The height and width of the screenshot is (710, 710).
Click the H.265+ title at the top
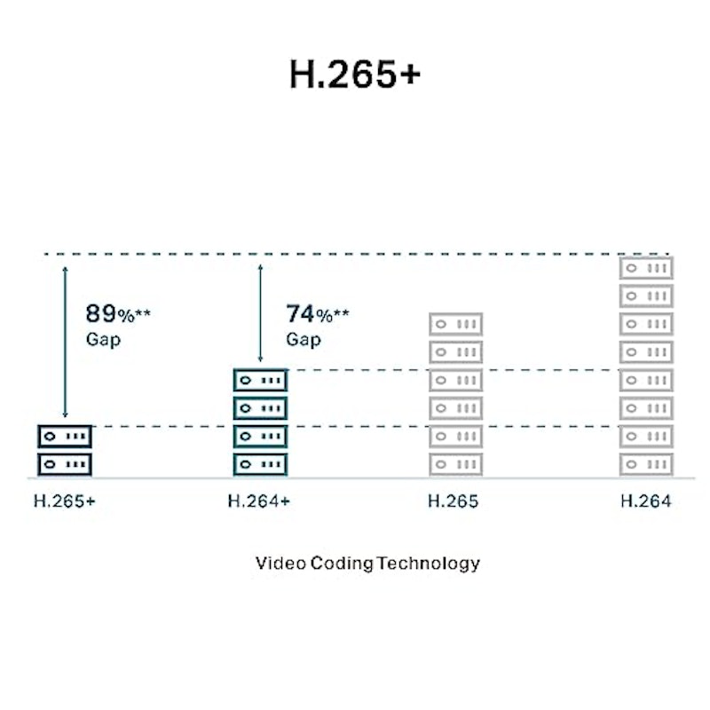click(355, 75)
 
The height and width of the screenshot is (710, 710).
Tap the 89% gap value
click(118, 313)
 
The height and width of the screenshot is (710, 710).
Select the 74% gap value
click(318, 314)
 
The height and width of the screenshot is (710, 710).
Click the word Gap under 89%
click(103, 339)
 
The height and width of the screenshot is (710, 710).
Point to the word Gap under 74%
click(304, 339)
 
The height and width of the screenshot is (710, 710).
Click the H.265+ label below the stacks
click(65, 501)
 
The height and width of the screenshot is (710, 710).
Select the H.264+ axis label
click(259, 501)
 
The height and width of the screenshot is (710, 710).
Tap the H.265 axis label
click(453, 501)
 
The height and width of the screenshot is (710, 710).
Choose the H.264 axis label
click(646, 501)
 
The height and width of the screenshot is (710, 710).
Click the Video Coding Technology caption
click(367, 564)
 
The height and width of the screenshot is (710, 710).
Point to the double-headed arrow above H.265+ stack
click(65, 342)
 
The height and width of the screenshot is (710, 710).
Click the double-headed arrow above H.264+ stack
click(260, 313)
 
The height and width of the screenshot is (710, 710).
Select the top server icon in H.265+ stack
click(65, 437)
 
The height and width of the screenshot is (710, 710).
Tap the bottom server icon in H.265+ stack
click(65, 464)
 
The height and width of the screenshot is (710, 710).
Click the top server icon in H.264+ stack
click(260, 381)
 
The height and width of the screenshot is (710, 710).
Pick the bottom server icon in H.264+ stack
click(260, 464)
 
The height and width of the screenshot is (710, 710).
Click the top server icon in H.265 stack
click(456, 324)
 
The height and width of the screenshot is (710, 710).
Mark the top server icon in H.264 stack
click(647, 268)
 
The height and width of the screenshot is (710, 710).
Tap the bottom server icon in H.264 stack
click(647, 464)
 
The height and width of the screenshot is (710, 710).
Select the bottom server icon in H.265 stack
click(456, 464)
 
